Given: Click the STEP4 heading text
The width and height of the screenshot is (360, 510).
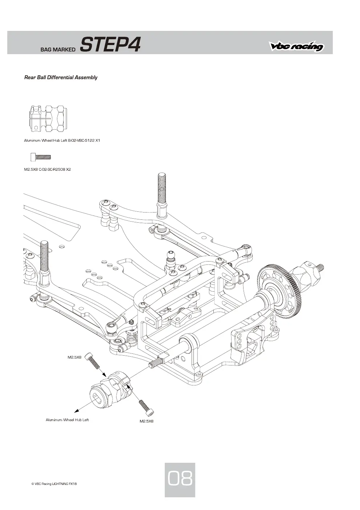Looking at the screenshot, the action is (x=111, y=44).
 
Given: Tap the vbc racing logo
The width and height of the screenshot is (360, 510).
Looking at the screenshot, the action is (x=296, y=46).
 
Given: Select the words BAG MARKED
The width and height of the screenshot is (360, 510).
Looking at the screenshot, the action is (x=58, y=49).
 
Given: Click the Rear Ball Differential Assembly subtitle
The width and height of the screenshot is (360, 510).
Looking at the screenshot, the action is (x=61, y=77).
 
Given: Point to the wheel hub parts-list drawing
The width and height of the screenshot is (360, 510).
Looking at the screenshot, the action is (x=48, y=118).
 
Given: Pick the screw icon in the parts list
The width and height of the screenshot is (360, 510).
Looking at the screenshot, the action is (x=41, y=157).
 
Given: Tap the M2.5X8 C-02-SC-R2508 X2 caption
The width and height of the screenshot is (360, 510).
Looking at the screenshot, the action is (x=47, y=169).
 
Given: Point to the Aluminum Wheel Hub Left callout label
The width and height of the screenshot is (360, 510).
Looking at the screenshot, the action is (x=67, y=420).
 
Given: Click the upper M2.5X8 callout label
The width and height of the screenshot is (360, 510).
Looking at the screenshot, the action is (x=74, y=357).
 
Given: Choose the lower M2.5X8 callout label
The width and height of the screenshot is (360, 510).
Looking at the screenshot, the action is (x=147, y=421).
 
